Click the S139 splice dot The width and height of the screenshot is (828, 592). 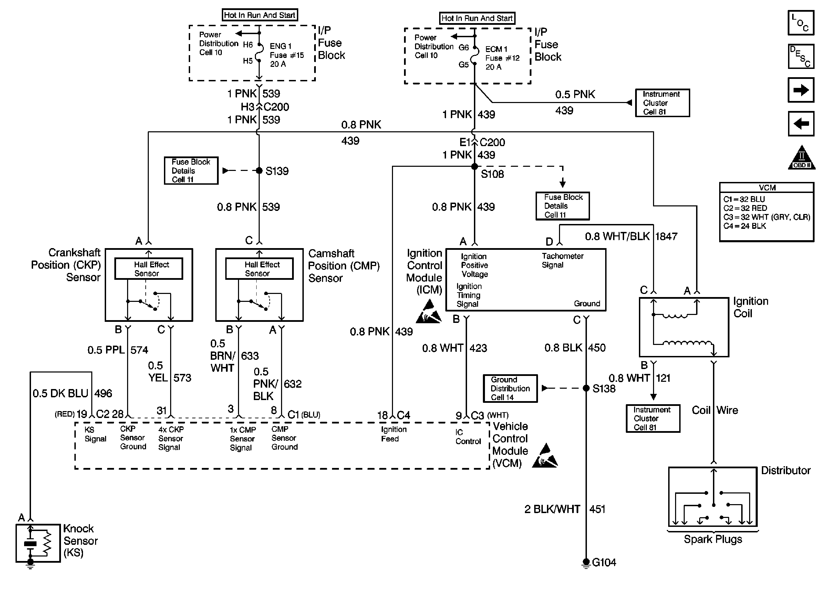click(x=259, y=171)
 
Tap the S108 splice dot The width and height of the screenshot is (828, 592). click(x=474, y=166)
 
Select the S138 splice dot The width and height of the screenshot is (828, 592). click(x=586, y=388)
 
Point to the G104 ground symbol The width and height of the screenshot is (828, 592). click(x=586, y=563)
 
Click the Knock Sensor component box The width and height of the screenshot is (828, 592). click(x=38, y=543)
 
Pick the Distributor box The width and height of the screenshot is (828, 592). click(x=713, y=497)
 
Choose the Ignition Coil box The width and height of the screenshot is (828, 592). click(x=684, y=327)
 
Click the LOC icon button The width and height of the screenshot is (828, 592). click(x=801, y=23)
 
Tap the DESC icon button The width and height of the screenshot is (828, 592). click(x=801, y=57)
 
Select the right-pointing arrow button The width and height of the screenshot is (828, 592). click(x=801, y=90)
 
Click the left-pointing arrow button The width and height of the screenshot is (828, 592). click(x=801, y=124)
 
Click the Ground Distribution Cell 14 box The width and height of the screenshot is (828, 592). click(x=510, y=389)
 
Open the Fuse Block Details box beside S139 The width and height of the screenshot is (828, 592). click(x=191, y=171)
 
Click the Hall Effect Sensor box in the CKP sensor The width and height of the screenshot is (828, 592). click(x=149, y=269)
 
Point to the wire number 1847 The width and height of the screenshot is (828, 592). click(x=666, y=237)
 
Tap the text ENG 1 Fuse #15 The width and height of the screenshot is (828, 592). click(x=287, y=51)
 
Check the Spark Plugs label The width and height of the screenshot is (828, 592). click(x=713, y=539)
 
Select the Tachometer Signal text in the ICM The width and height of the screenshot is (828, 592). click(x=562, y=261)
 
